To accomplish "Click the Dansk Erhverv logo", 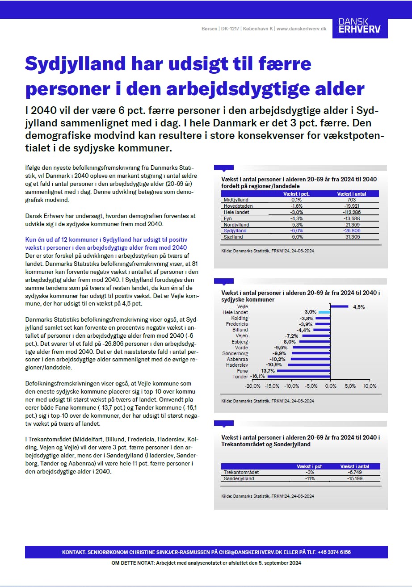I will point(360,25).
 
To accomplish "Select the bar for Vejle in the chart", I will point(339,306).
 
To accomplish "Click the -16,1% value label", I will point(258,377).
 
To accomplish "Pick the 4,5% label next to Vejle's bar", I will point(359,307).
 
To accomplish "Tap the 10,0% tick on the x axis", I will point(370,386).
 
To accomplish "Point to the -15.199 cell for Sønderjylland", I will point(357,478).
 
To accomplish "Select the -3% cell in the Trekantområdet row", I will point(310,472).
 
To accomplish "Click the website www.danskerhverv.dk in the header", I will point(301,29).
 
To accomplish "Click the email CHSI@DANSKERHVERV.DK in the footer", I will point(243,552).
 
